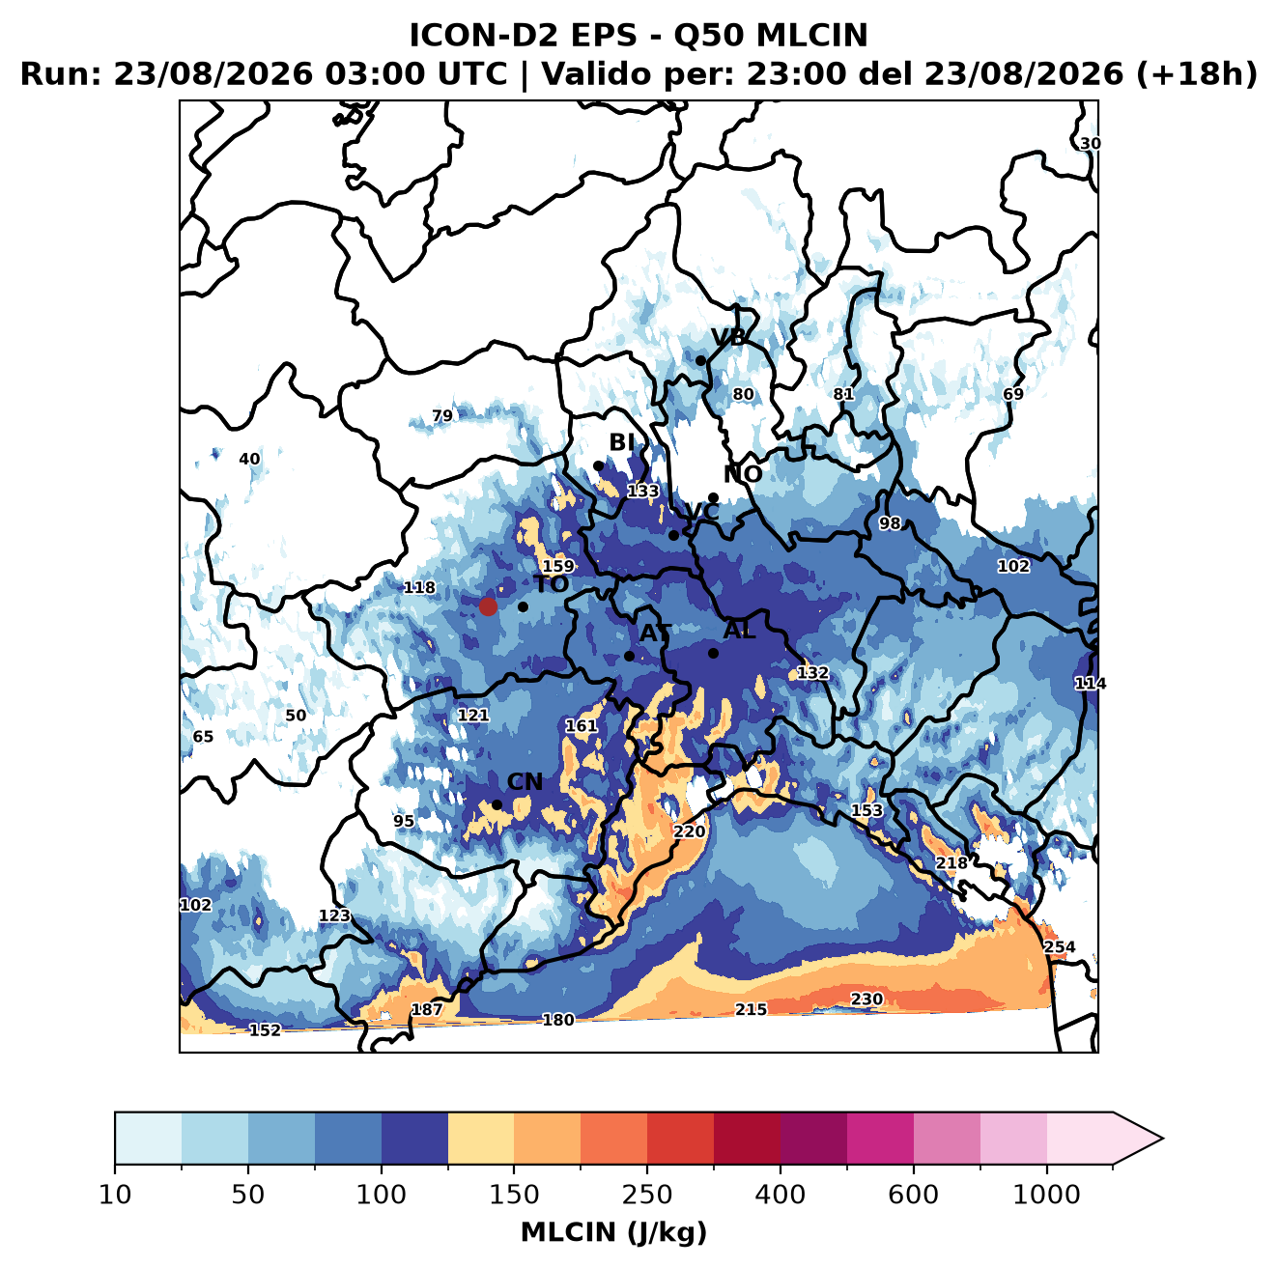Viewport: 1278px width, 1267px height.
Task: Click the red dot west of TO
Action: pos(488,606)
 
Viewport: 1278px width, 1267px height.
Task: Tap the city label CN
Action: pos(525,782)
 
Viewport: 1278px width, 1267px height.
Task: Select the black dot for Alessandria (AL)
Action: pos(713,653)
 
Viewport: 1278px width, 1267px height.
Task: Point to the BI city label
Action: pos(621,442)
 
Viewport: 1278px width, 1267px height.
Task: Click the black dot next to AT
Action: pos(629,656)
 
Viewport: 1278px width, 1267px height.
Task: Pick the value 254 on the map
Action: pos(1059,946)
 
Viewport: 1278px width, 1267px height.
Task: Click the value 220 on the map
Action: pos(689,831)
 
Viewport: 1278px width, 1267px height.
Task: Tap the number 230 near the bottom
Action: pos(866,1000)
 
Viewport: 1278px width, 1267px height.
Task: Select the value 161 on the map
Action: pos(581,726)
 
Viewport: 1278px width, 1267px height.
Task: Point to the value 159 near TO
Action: pos(558,567)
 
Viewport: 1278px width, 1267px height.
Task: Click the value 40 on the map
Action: pos(249,459)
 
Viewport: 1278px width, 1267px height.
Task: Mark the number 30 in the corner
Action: pos(1091,144)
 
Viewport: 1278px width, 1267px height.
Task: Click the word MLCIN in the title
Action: pos(811,35)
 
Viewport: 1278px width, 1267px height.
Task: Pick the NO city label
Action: pos(742,474)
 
